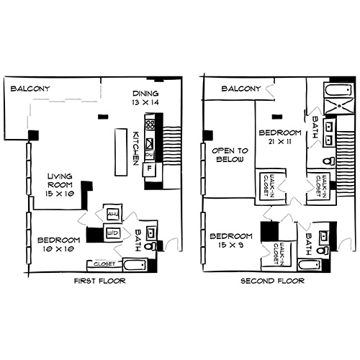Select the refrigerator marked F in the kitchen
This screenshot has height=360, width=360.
click(150, 170)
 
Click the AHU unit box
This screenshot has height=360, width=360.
click(112, 214)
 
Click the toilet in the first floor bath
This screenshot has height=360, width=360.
click(150, 246)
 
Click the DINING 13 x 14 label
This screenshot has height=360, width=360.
click(145, 99)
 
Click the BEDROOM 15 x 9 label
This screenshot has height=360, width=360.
click(230, 240)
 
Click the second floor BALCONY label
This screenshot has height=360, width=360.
click(240, 89)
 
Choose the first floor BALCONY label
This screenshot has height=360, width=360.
click(30, 89)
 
